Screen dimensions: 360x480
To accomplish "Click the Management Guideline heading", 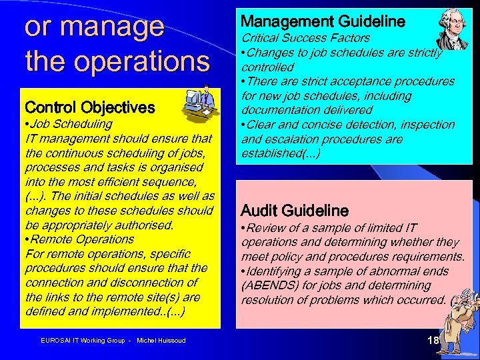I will click(323, 21).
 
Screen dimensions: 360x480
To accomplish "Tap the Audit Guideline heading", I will click(294, 211).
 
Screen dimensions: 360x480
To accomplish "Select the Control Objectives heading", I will click(89, 107).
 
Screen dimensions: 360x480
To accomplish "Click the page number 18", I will click(433, 341).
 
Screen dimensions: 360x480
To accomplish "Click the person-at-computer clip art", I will click(198, 103).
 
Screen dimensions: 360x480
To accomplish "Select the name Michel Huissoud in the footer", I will click(161, 341).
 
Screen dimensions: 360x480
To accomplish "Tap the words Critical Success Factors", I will click(305, 38).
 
